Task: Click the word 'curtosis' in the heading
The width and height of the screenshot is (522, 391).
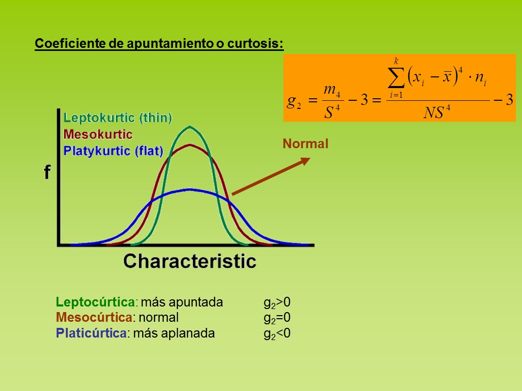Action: [255, 43]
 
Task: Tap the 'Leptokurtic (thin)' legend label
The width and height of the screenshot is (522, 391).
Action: [118, 118]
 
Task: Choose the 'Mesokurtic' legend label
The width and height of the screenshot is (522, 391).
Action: [98, 134]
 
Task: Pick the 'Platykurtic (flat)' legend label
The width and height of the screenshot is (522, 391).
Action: [113, 151]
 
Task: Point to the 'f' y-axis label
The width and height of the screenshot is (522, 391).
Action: [47, 172]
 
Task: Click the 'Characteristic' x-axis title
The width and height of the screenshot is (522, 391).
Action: [190, 261]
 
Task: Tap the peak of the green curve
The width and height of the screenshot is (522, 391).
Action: [190, 127]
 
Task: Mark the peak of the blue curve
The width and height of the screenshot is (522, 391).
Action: [190, 189]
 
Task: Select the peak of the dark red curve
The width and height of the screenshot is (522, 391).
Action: [190, 145]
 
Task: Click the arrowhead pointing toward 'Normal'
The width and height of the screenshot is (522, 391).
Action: [305, 161]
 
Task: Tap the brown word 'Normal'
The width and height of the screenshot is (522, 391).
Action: [305, 144]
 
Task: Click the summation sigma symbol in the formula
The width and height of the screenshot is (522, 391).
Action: [396, 78]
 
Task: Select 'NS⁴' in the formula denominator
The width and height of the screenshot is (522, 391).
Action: [437, 112]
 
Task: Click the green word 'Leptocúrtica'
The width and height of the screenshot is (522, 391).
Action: [95, 302]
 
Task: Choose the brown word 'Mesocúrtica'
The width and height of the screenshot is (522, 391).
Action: [94, 318]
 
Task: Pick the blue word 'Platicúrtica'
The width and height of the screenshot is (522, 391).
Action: [91, 333]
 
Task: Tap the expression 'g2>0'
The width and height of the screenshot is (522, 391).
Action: [277, 303]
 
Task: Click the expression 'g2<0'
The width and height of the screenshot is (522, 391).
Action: [277, 334]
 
